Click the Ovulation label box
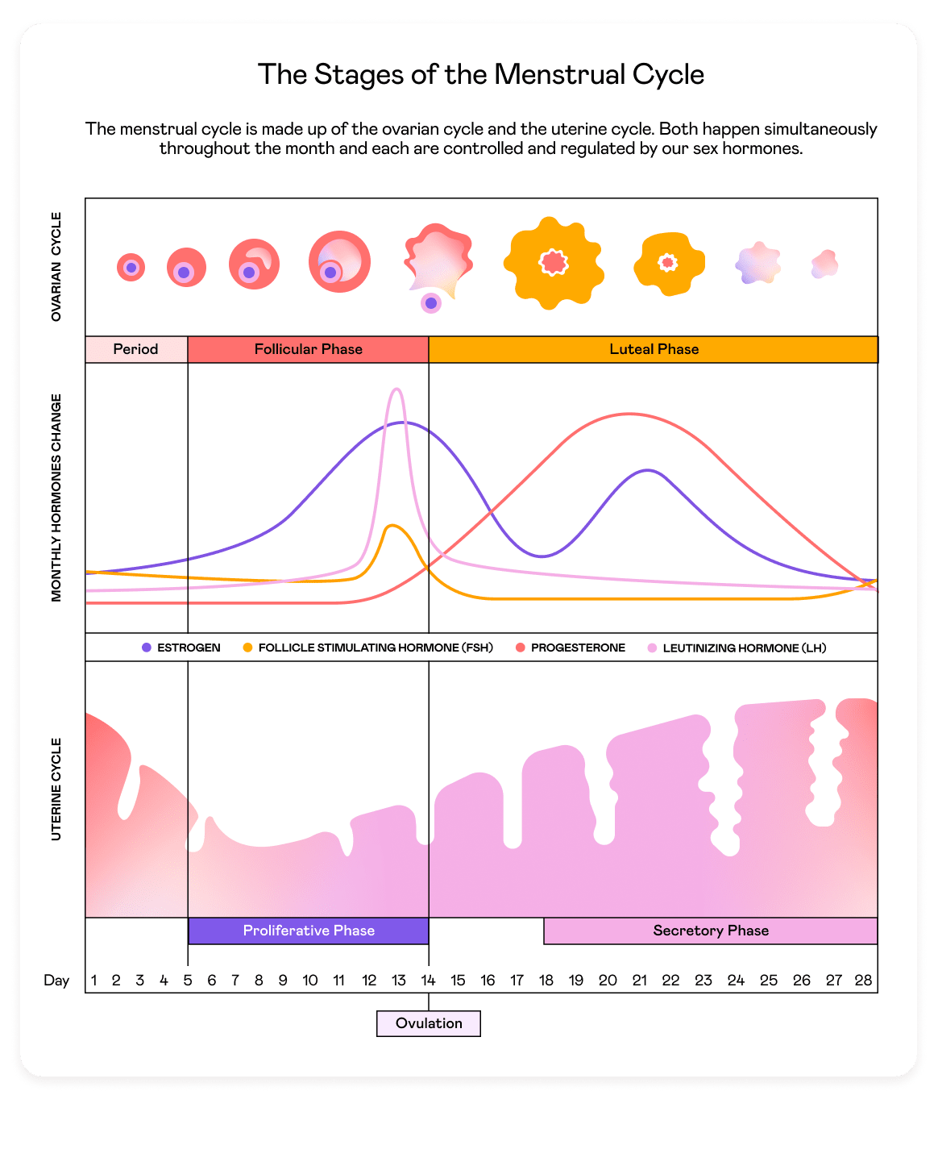click(x=429, y=1023)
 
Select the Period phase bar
click(x=136, y=349)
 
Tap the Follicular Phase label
click(x=308, y=349)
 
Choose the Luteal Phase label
click(x=654, y=349)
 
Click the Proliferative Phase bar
click(x=309, y=931)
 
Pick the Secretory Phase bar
click(x=710, y=931)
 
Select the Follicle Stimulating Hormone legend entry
click(x=368, y=648)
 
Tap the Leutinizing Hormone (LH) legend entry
click(x=737, y=648)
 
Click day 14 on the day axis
click(x=428, y=981)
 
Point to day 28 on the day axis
click(x=863, y=981)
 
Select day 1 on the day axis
click(x=94, y=981)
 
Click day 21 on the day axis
click(x=639, y=981)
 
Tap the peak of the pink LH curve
click(x=396, y=389)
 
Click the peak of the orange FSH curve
click(x=392, y=526)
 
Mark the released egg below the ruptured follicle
click(x=431, y=303)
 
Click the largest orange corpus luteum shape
click(x=553, y=262)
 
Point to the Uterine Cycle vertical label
click(x=56, y=789)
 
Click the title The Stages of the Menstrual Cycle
click(x=481, y=74)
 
